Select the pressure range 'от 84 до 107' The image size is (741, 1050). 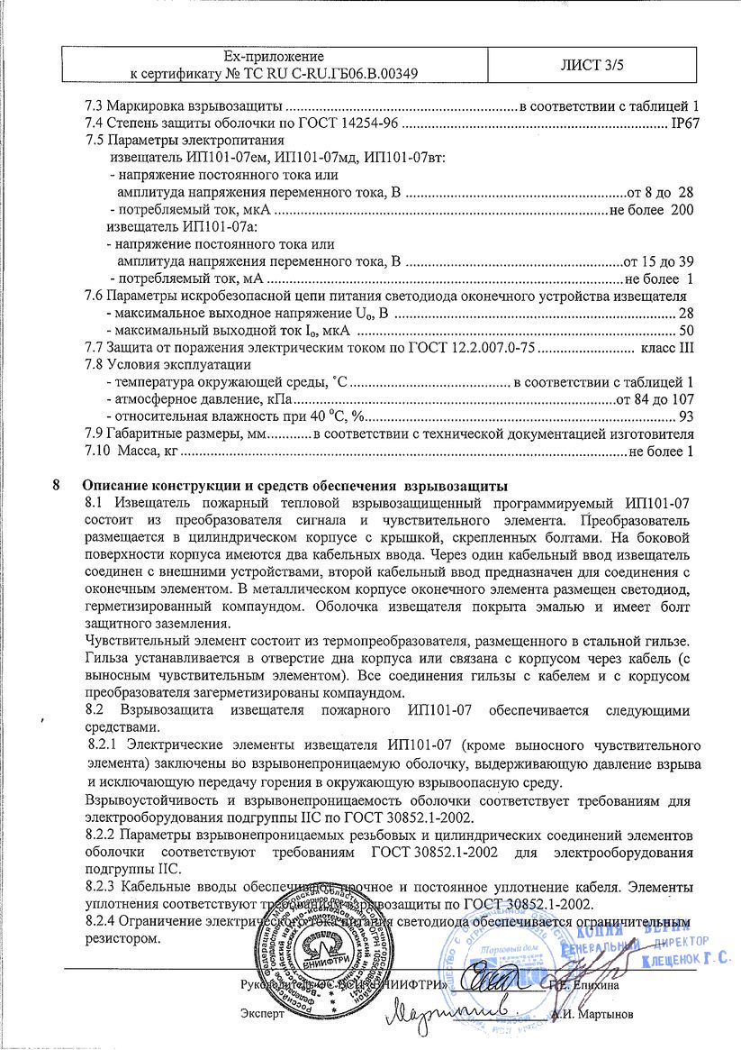654,398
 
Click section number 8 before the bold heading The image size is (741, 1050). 56,485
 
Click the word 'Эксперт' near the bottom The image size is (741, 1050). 262,1013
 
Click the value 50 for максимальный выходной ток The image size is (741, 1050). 686,330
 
